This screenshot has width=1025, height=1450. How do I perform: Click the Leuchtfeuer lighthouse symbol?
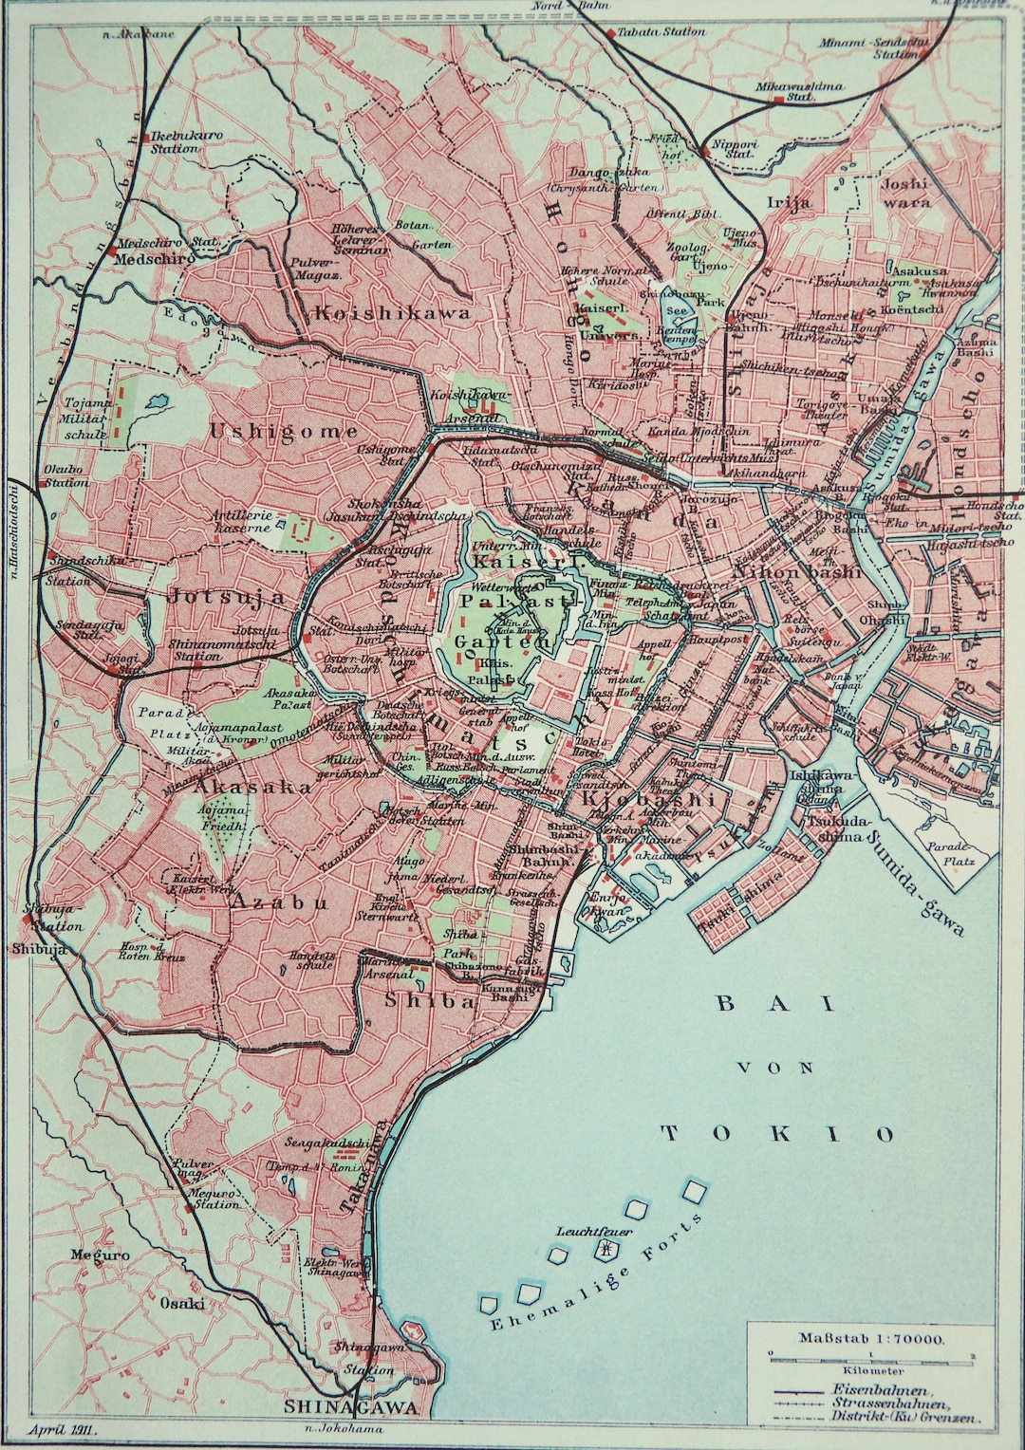click(603, 1251)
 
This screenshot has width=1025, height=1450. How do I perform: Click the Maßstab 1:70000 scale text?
click(870, 1338)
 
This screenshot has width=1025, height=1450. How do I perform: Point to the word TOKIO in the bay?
click(777, 1133)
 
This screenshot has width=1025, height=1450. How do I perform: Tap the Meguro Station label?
click(214, 1198)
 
